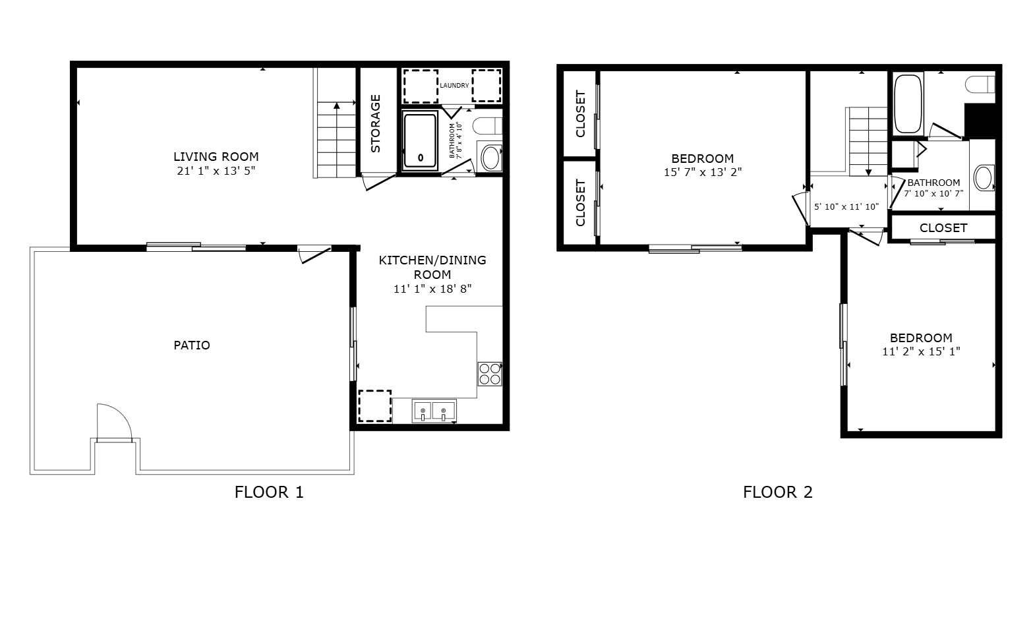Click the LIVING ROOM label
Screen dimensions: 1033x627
tap(216, 156)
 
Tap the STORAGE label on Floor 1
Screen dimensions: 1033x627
tap(376, 124)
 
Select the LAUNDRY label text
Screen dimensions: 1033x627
tap(454, 85)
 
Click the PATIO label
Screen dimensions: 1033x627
tap(192, 345)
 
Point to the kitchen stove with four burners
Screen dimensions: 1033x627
tap(490, 374)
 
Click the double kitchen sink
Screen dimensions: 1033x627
tap(434, 411)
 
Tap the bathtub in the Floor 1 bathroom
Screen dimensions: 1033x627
tap(420, 140)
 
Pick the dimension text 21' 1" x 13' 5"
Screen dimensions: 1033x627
tap(216, 171)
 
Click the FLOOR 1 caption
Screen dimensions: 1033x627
tap(270, 493)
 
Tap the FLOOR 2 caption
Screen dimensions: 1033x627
tap(777, 493)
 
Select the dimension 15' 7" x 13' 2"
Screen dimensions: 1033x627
tap(702, 173)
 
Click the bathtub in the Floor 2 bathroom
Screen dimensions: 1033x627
tap(908, 104)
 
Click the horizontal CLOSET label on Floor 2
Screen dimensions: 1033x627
tap(943, 228)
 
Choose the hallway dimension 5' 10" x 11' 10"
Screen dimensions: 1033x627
tap(846, 207)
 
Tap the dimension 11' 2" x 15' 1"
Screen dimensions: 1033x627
tap(921, 351)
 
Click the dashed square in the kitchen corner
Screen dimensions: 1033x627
tap(375, 405)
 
